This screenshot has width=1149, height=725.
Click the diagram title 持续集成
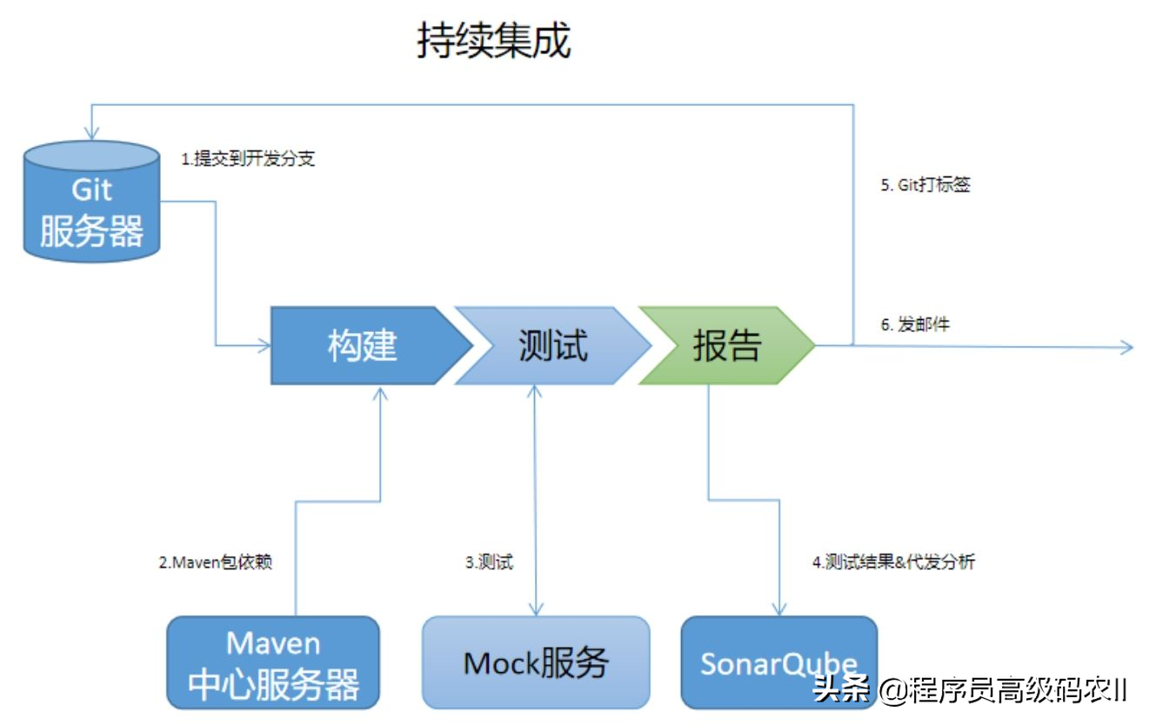(x=493, y=41)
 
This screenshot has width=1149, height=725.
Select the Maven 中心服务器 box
(x=273, y=662)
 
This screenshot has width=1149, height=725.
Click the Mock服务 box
(x=536, y=662)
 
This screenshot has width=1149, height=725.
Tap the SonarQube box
(x=778, y=662)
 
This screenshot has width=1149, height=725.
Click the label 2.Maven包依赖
(x=215, y=562)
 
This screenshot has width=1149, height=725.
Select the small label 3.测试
(x=488, y=562)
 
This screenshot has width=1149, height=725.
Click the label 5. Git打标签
(x=925, y=186)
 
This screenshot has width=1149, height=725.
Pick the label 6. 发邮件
(x=915, y=325)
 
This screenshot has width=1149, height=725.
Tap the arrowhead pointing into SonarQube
(x=779, y=609)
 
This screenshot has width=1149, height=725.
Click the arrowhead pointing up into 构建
(x=380, y=392)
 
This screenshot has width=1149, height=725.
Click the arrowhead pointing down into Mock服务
(x=536, y=609)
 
